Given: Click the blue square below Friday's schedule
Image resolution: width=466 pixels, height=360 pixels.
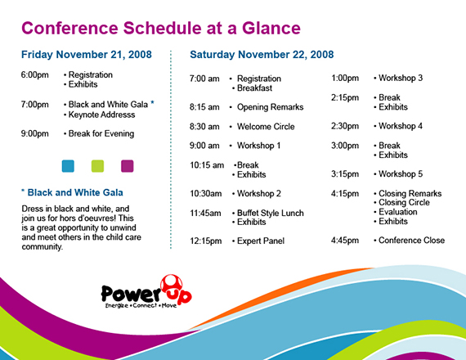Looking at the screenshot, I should point(68,166).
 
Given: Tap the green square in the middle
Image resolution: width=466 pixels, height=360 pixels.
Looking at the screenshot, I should point(97,166).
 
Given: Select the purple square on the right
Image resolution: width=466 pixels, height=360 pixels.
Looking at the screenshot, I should point(127,166).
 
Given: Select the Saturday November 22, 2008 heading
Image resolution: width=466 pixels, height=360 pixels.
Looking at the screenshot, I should point(262,55).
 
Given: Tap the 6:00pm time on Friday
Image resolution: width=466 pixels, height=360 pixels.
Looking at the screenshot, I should point(35,74).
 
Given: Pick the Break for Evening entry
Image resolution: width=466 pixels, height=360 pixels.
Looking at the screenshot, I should point(101,133).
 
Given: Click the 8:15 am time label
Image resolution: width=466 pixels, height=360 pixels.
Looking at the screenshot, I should point(204,107).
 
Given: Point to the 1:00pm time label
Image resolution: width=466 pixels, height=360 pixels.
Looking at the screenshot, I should point(345,79).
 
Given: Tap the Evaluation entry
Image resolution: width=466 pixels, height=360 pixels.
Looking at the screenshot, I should point(399,212).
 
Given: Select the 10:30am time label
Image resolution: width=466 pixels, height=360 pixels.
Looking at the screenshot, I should point(205,194).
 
